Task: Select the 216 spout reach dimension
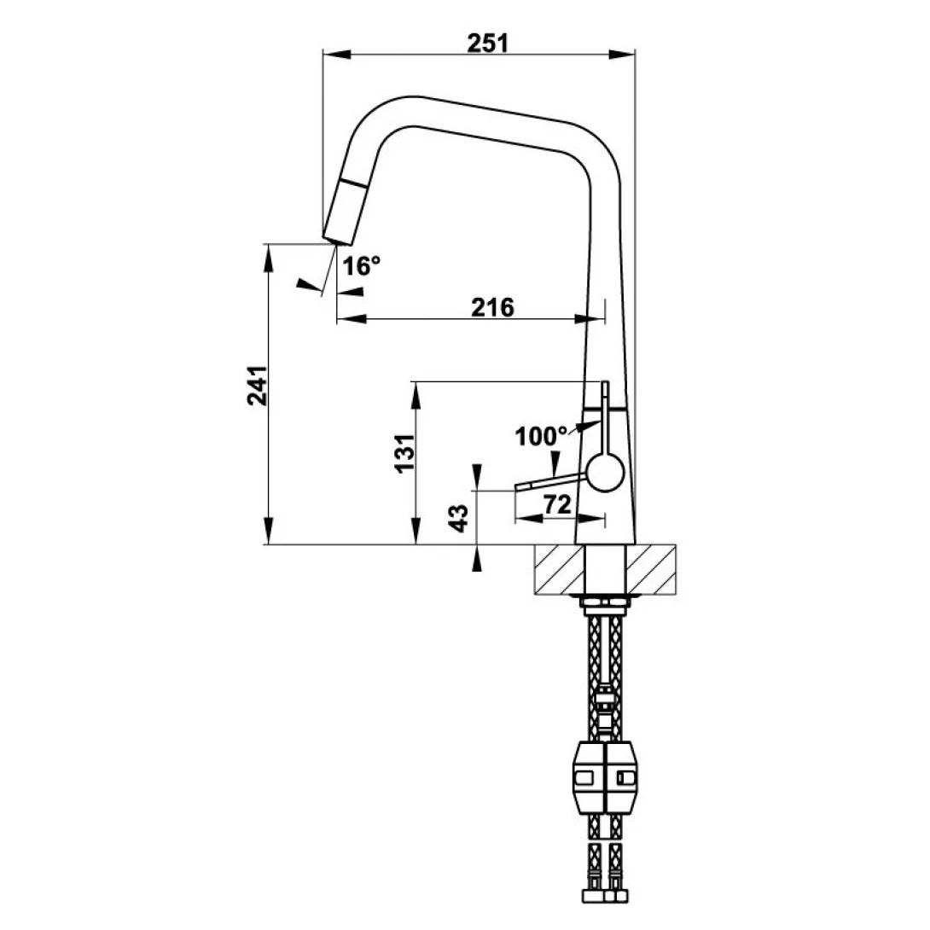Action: coord(494,307)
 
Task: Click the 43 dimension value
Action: coord(458,518)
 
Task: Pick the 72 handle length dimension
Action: coord(556,505)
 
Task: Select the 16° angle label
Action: coord(361,266)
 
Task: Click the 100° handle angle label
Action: coord(540,436)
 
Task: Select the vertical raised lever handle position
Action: coord(605,414)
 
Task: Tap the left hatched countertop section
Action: coord(561,569)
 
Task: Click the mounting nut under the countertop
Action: coord(605,606)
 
